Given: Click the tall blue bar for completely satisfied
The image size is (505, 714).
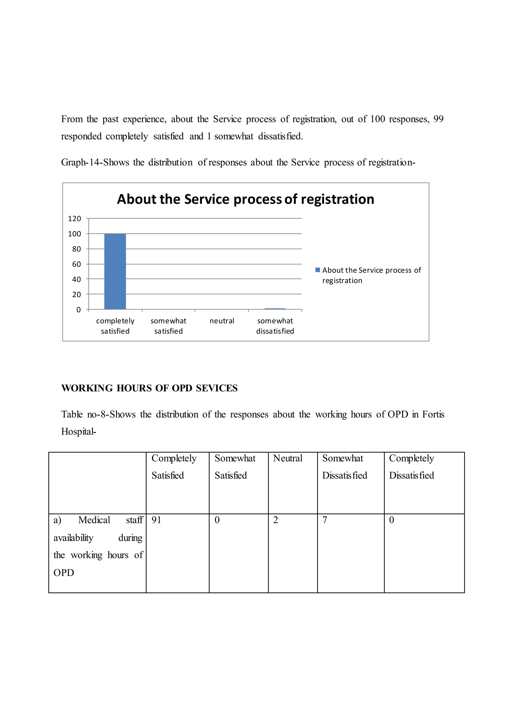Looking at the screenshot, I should [115, 271].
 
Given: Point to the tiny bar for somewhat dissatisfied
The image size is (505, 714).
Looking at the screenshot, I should [275, 309].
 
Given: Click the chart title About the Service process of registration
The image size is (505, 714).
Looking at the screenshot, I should [245, 199].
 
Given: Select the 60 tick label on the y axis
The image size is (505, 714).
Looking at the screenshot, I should [76, 264].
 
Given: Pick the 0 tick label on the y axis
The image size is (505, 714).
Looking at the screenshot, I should [78, 310].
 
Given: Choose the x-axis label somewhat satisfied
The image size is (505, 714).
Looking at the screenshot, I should [168, 326].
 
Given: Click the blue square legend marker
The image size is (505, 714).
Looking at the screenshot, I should [318, 270].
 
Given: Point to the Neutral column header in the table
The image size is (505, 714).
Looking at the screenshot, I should [288, 458].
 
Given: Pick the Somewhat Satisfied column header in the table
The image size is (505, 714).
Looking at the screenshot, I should [235, 467].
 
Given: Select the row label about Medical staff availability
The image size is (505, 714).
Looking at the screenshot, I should [98, 546].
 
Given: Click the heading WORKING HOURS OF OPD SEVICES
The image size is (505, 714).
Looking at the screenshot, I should [149, 388].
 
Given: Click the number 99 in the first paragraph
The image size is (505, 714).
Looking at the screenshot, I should [438, 119].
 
